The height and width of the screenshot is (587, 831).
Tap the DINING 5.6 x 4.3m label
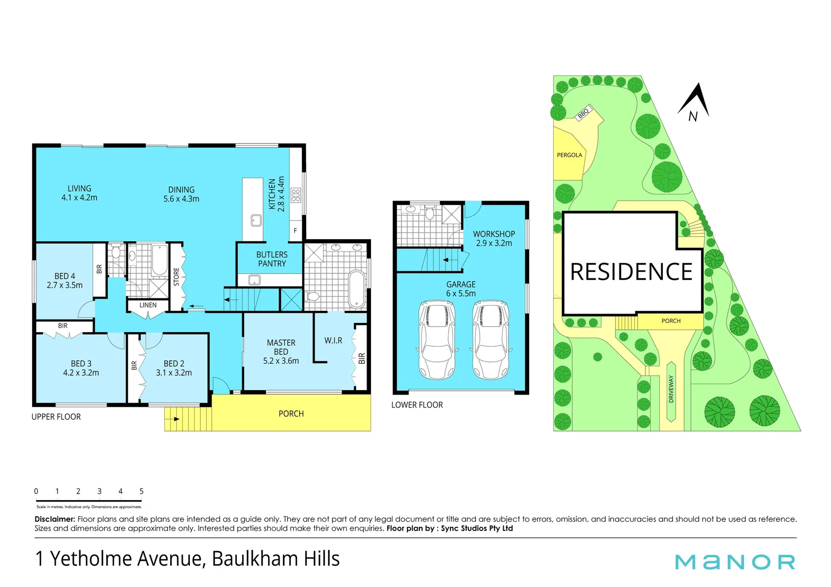click(x=181, y=194)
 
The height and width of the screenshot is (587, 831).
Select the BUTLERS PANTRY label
click(x=272, y=259)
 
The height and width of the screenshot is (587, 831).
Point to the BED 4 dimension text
click(x=65, y=285)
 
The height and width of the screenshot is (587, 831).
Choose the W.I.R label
click(x=333, y=340)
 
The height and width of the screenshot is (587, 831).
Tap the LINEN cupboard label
click(x=148, y=305)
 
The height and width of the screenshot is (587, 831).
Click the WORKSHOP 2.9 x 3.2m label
click(x=494, y=239)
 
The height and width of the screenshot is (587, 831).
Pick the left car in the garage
click(x=437, y=339)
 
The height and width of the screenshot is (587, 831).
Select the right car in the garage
click(x=491, y=339)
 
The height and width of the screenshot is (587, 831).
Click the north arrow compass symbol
click(x=695, y=102)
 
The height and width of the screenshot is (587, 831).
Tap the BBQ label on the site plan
click(x=583, y=114)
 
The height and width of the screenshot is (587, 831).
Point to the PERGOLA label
click(x=569, y=155)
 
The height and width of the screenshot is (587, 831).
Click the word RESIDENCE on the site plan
click(x=631, y=272)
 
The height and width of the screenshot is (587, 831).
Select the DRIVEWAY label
click(x=671, y=389)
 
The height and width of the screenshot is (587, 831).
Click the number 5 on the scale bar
click(x=141, y=491)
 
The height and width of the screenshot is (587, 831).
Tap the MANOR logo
click(x=735, y=561)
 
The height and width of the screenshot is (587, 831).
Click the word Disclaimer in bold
click(x=55, y=519)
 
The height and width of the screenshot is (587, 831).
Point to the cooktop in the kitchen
click(x=296, y=195)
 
